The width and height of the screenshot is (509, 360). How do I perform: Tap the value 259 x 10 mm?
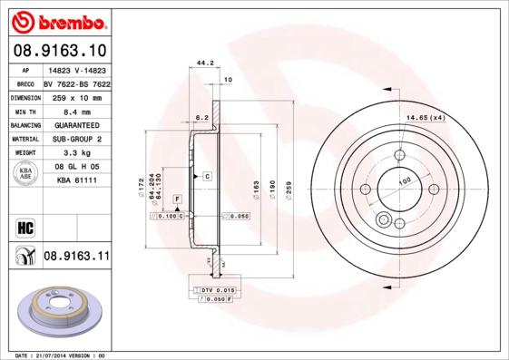(x=75, y=96)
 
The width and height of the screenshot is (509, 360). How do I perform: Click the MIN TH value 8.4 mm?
(x=75, y=110)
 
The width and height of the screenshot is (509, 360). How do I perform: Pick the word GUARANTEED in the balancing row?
(x=75, y=124)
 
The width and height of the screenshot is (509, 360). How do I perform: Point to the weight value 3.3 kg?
(x=75, y=153)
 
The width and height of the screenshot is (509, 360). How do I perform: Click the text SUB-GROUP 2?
(x=75, y=139)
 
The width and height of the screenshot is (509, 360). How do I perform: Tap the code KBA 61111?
(x=77, y=180)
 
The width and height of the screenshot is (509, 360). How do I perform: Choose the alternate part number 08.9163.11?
(x=76, y=257)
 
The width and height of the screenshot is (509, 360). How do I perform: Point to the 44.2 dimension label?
(x=205, y=63)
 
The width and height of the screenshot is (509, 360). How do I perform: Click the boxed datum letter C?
(x=207, y=175)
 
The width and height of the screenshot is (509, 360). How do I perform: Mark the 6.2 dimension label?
(x=202, y=117)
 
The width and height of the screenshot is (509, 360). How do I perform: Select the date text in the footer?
(x=55, y=355)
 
